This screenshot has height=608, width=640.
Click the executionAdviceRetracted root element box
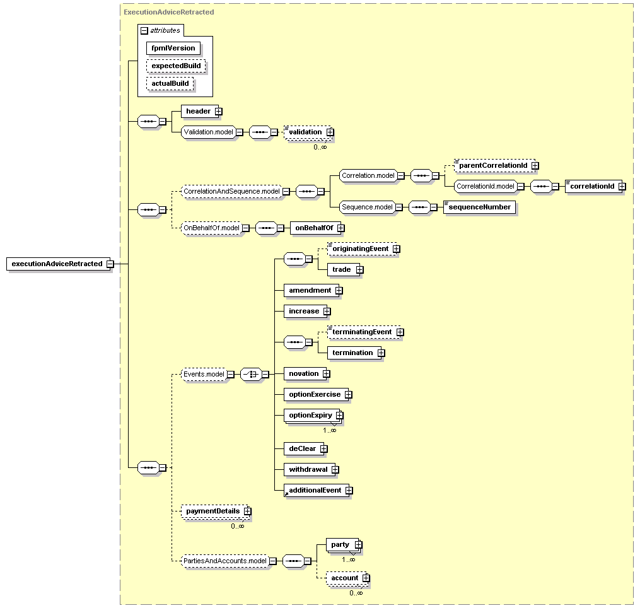click(x=56, y=264)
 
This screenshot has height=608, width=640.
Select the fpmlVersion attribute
click(x=173, y=48)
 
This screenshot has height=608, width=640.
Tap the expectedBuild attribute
click(x=176, y=66)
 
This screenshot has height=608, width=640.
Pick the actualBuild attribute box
click(x=170, y=83)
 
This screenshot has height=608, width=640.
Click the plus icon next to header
click(x=218, y=111)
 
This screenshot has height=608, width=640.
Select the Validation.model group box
click(x=208, y=132)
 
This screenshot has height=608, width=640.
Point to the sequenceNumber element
click(x=479, y=207)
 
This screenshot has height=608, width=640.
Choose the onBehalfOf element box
click(x=311, y=228)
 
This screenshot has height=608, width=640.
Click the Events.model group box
click(x=203, y=374)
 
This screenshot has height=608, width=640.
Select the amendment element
click(x=310, y=290)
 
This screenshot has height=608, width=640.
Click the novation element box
click(x=304, y=373)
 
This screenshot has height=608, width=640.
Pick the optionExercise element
click(x=314, y=394)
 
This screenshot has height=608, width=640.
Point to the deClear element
click(x=302, y=448)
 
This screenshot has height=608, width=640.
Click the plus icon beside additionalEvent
click(x=348, y=490)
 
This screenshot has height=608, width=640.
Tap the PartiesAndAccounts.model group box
click(x=224, y=560)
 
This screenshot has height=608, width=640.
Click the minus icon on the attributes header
click(x=144, y=30)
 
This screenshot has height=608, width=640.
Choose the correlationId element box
click(x=592, y=186)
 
